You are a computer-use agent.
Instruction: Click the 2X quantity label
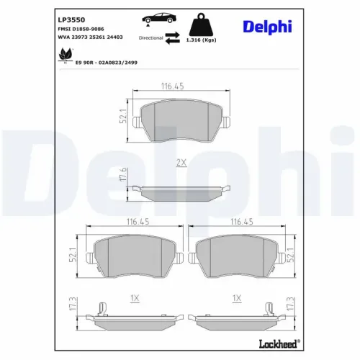pos(181,164)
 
